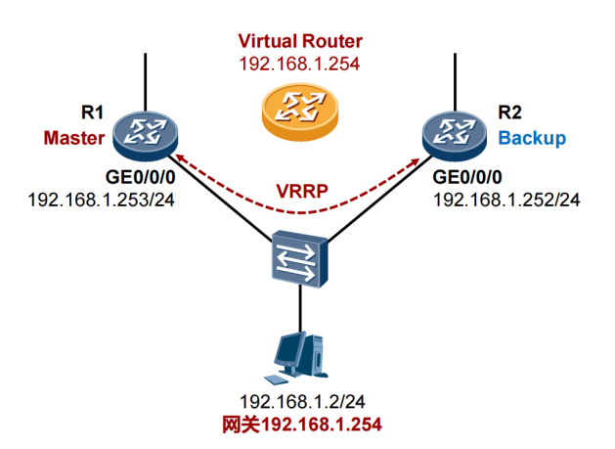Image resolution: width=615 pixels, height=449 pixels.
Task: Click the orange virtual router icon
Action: (x=300, y=112)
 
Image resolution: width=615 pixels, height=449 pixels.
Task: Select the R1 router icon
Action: (x=145, y=136)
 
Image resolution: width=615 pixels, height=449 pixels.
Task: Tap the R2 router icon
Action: (x=455, y=136)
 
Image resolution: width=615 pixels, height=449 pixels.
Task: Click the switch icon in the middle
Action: (x=299, y=259)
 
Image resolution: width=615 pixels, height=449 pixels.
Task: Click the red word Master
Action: (x=74, y=138)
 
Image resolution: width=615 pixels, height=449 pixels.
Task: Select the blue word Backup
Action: (x=532, y=138)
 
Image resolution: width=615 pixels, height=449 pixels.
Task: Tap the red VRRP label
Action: (x=302, y=191)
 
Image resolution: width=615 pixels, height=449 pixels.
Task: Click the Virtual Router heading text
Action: (x=300, y=41)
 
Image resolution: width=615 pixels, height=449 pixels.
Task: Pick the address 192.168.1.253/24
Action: (x=101, y=200)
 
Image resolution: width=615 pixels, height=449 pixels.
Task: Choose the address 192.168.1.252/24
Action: (x=506, y=200)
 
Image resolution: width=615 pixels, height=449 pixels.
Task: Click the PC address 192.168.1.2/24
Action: (x=302, y=401)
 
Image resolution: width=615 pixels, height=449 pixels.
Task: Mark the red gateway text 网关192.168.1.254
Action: (x=302, y=425)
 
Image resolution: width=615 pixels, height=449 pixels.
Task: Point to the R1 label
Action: (x=92, y=112)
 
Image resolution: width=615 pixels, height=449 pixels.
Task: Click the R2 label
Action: (x=509, y=112)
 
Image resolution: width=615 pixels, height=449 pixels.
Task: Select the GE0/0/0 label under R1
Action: (x=140, y=177)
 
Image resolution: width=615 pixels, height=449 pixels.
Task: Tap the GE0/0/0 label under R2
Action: (x=467, y=177)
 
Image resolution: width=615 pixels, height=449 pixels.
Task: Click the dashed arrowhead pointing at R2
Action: (x=415, y=161)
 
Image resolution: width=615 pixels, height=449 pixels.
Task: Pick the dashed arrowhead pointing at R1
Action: (x=181, y=157)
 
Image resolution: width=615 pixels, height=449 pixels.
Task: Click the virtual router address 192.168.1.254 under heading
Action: (x=299, y=64)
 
